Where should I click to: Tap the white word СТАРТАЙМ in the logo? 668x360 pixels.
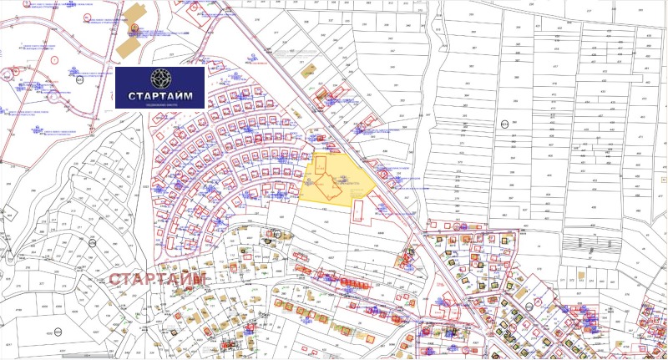point(159,96)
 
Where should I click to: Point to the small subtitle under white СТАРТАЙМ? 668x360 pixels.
point(159,106)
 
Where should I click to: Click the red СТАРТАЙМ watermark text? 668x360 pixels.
point(158,278)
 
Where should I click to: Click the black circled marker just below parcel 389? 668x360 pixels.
point(504,123)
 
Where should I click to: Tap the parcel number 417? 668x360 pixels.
point(554,67)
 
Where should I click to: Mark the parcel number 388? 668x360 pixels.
point(517,77)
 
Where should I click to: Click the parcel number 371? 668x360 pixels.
point(462,143)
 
